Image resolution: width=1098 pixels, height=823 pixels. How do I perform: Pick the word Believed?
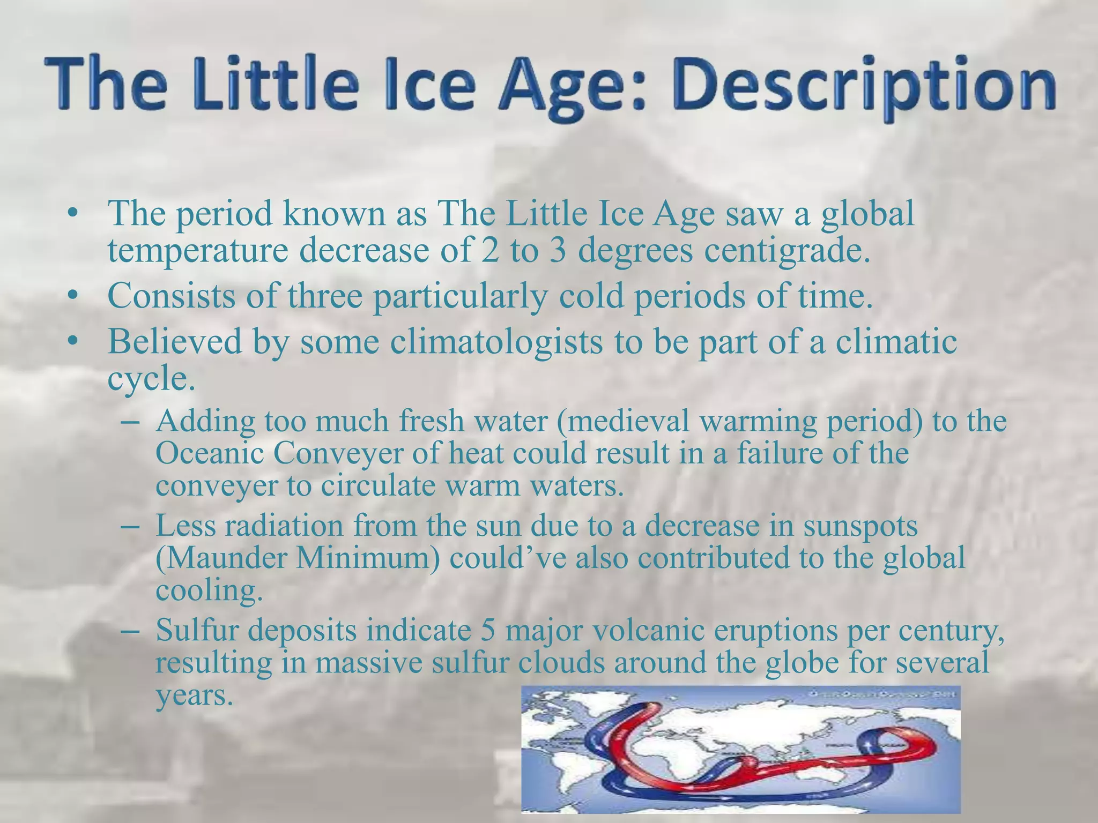tap(175, 341)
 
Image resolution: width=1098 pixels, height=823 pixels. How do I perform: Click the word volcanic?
tap(665, 631)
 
